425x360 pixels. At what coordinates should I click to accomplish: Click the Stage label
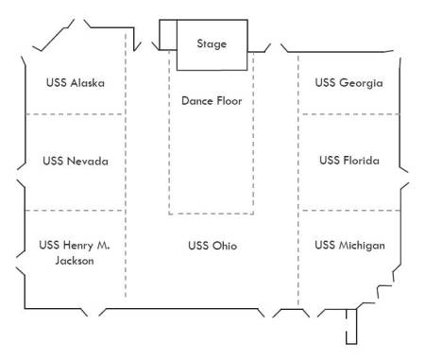point(212,44)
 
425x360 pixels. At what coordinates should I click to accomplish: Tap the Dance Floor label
point(212,101)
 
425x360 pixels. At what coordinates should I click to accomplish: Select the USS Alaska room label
point(76,83)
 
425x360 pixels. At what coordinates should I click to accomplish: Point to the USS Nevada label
point(76,161)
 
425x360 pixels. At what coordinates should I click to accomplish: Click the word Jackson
point(75,261)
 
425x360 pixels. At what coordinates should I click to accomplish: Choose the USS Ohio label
point(212,246)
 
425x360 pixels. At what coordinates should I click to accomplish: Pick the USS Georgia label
point(348,83)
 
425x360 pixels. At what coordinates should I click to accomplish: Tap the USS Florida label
point(349,161)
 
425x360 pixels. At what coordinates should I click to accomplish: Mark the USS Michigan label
point(349,246)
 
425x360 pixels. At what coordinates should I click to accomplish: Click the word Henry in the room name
point(78,246)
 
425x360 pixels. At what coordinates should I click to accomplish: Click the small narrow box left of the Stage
point(168,35)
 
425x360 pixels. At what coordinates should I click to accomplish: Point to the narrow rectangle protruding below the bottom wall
point(351,326)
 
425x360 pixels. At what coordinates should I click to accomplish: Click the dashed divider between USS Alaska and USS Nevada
point(76,114)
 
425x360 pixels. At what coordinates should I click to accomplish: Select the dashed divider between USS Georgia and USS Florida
point(348,114)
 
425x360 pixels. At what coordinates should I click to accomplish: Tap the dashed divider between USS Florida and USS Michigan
point(349,210)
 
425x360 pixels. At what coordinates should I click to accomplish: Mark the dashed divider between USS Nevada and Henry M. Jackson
point(76,210)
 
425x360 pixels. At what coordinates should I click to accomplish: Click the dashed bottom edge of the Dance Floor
point(211,214)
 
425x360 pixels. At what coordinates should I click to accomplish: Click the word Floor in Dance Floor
point(229,101)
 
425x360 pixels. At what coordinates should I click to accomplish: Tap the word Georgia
point(362,83)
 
